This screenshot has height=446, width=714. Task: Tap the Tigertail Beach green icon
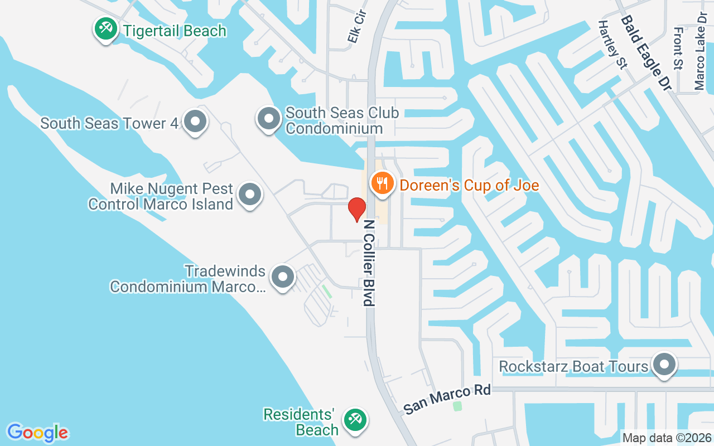pos(105,28)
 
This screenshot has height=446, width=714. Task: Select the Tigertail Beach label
pos(175,30)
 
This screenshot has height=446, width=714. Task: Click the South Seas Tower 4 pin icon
pos(195,121)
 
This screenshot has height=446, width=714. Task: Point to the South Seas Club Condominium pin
pos(269,119)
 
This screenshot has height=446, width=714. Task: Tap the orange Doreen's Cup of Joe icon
pos(382,183)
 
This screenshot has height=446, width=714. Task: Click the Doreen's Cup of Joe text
pos(469,185)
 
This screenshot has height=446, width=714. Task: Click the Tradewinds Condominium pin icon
pos(282,277)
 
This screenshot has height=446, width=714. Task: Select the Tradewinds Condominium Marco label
pos(187,279)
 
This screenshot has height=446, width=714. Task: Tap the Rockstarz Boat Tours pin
pos(664,365)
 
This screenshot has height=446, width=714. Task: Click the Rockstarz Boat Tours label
pos(573,367)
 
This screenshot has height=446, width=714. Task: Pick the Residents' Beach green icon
pos(354,419)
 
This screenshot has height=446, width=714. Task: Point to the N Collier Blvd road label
pos(369,263)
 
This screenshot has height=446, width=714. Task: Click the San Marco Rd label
pos(447,399)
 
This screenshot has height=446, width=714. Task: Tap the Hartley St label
pos(612,45)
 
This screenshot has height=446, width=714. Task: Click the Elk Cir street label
pos(355,27)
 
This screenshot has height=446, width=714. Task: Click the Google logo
pos(37,433)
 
